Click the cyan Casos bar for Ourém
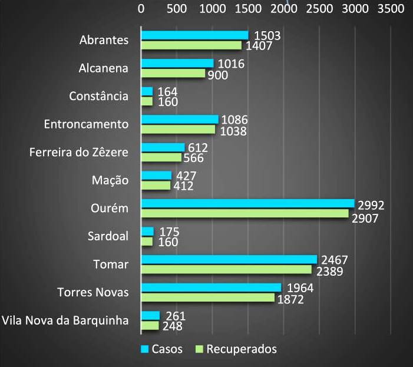(247, 203)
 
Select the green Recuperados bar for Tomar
(226, 269)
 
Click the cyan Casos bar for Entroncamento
(180, 120)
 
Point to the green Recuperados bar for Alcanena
(173, 74)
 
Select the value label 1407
(258, 46)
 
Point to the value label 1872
(291, 300)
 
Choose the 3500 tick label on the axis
(391, 9)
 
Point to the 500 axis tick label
(177, 9)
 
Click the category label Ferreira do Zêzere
(79, 153)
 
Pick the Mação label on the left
(110, 180)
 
